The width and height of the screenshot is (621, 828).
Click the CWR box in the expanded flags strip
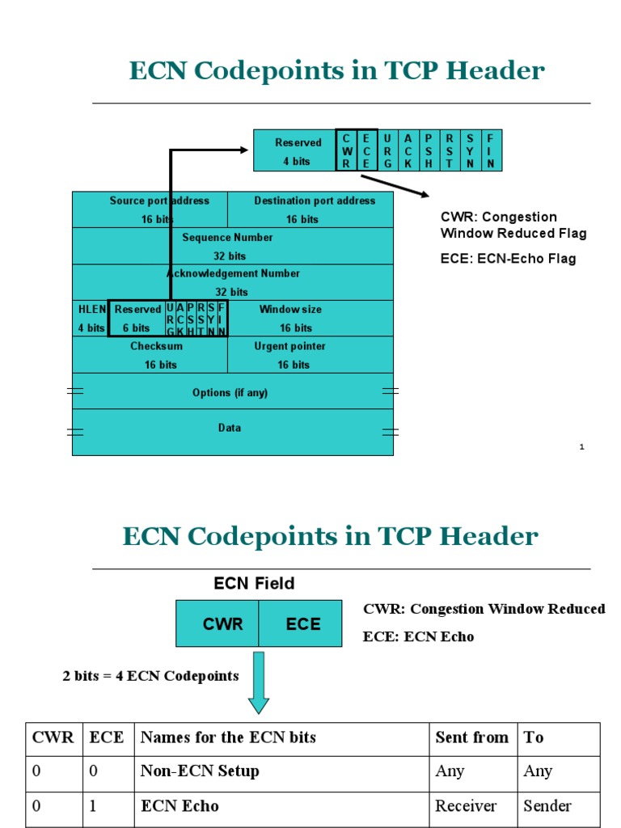tap(346, 150)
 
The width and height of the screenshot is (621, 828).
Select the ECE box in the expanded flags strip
tap(366, 150)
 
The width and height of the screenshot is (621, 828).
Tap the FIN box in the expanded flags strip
tap(491, 150)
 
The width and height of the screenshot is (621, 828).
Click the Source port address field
tap(150, 209)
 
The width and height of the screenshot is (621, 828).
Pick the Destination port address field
tap(310, 209)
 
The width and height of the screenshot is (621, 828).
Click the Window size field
tap(310, 319)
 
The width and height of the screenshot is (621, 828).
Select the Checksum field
tap(150, 355)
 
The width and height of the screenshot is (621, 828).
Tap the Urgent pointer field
tap(310, 355)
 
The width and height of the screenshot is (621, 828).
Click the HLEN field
tap(91, 319)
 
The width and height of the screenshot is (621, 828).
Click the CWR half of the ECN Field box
tap(218, 624)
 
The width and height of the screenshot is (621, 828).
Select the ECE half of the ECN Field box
tap(301, 624)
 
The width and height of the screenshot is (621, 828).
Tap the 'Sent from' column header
tap(472, 737)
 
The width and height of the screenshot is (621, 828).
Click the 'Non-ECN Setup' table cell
tap(200, 771)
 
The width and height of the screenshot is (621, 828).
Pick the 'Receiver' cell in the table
tap(466, 806)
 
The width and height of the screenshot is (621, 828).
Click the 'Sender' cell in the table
tap(547, 806)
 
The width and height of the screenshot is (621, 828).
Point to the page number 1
tap(581, 447)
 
